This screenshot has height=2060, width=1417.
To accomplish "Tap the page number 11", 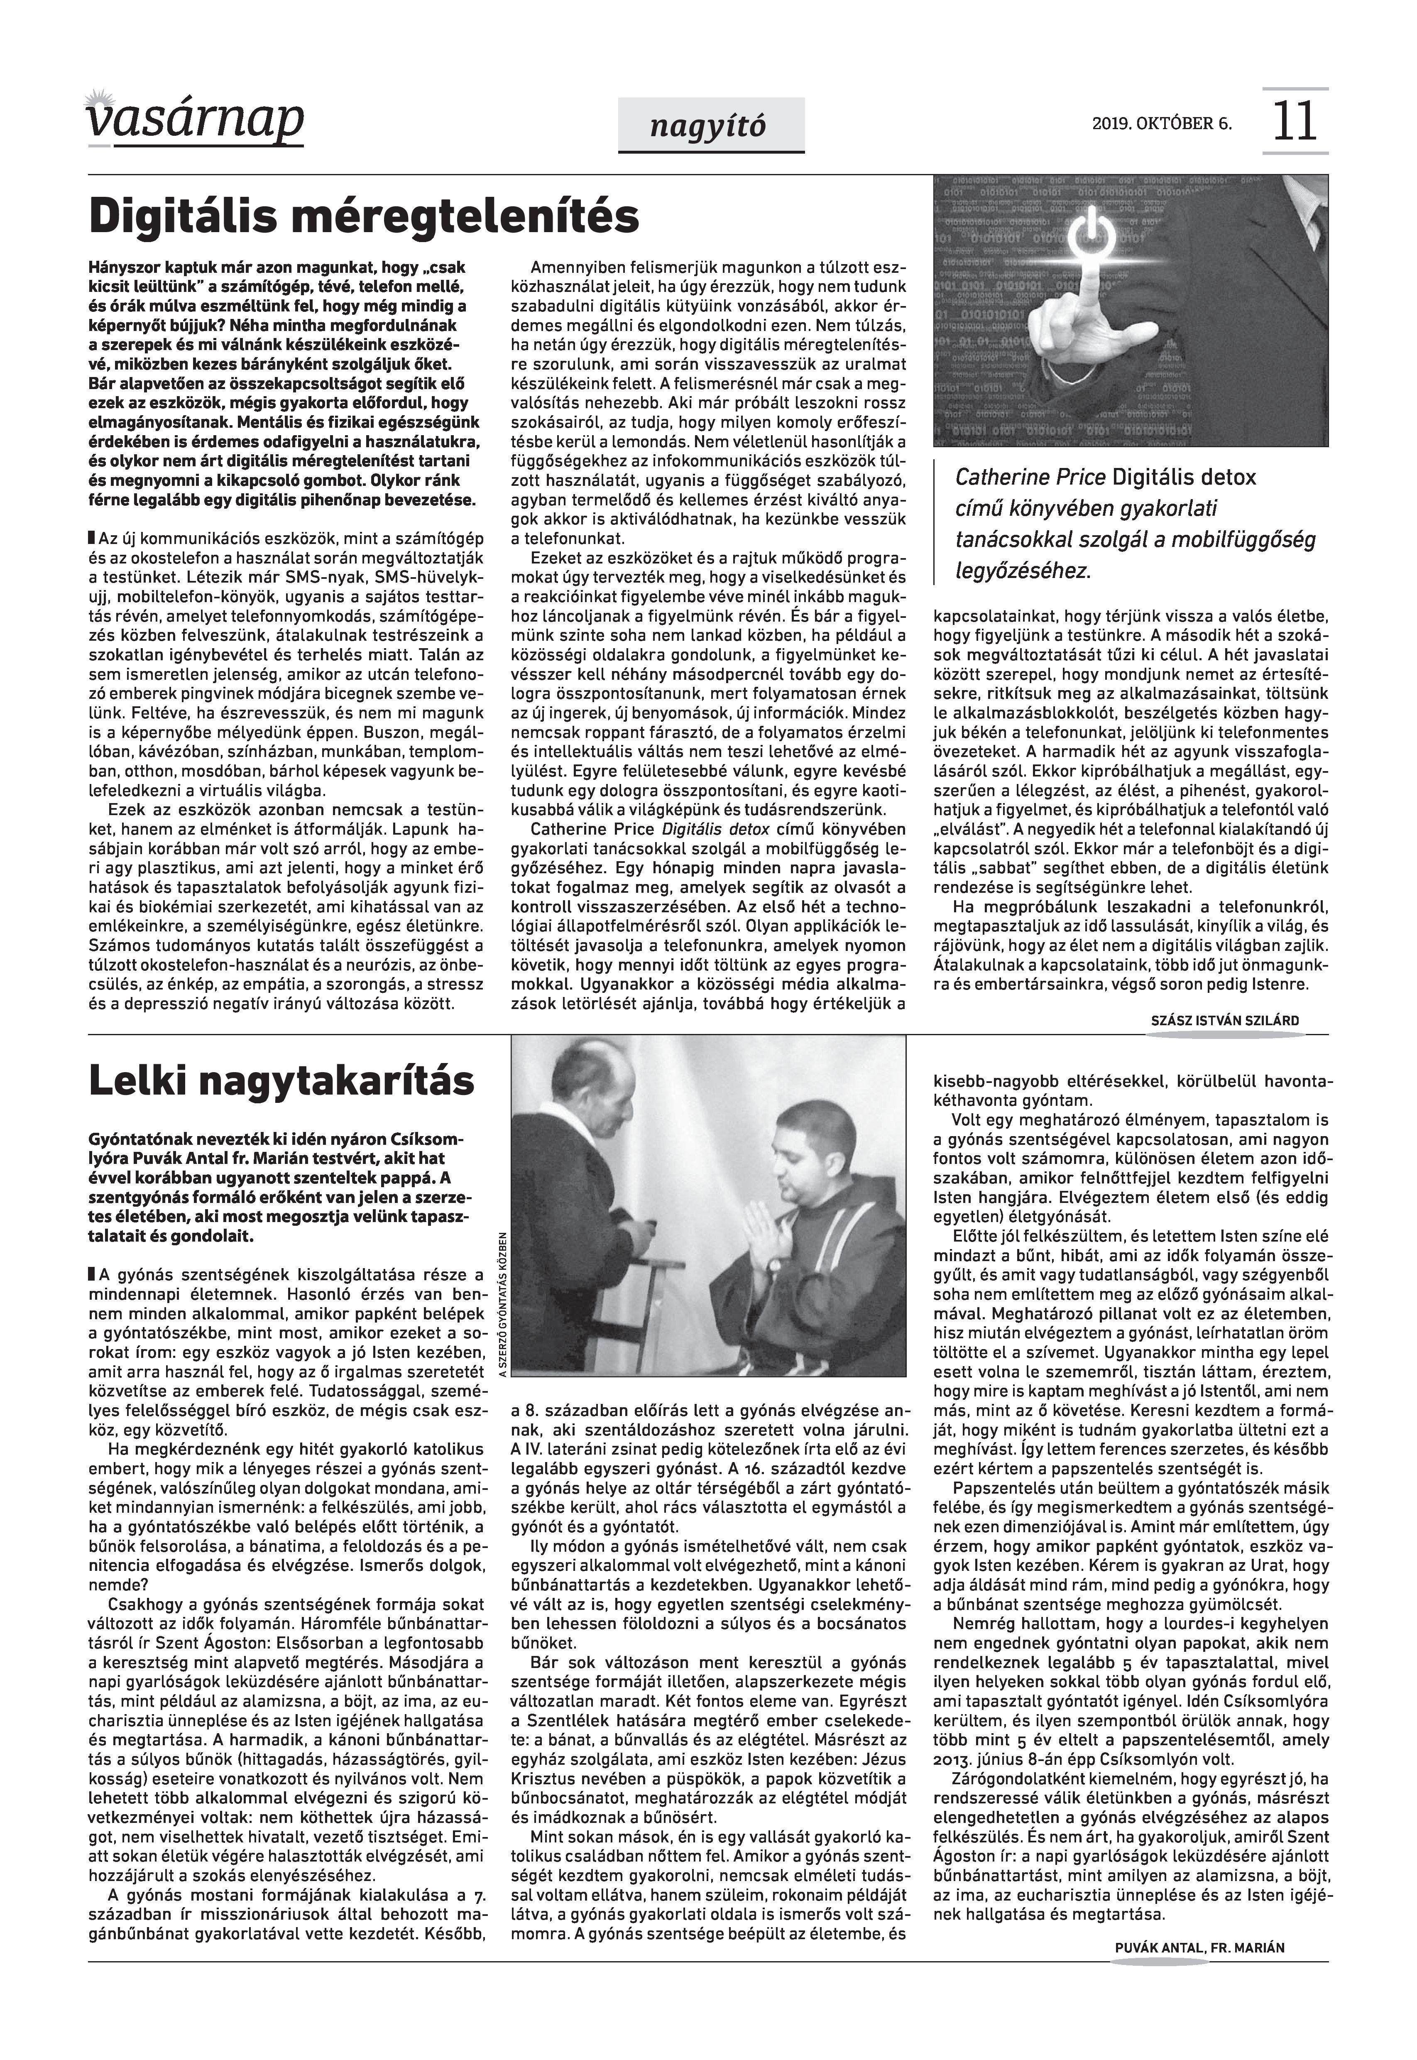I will point(1295,122).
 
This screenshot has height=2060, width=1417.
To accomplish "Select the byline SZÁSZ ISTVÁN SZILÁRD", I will point(1224,1021).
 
